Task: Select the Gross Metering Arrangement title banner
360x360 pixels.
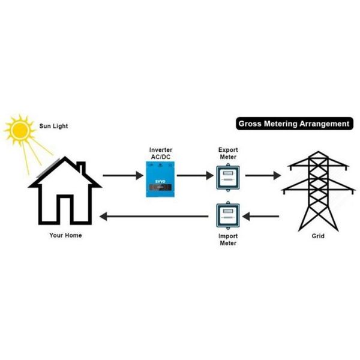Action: click(x=293, y=124)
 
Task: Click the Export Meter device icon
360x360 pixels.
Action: click(x=227, y=177)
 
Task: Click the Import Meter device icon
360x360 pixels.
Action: click(x=227, y=217)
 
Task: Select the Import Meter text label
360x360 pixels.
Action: click(x=227, y=240)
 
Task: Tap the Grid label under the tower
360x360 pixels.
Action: click(x=318, y=236)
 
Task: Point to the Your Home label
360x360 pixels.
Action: click(x=65, y=235)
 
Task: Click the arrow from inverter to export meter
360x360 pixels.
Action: click(x=193, y=176)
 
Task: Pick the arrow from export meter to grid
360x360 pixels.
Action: click(x=262, y=176)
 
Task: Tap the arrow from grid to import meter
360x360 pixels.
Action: click(x=262, y=216)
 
